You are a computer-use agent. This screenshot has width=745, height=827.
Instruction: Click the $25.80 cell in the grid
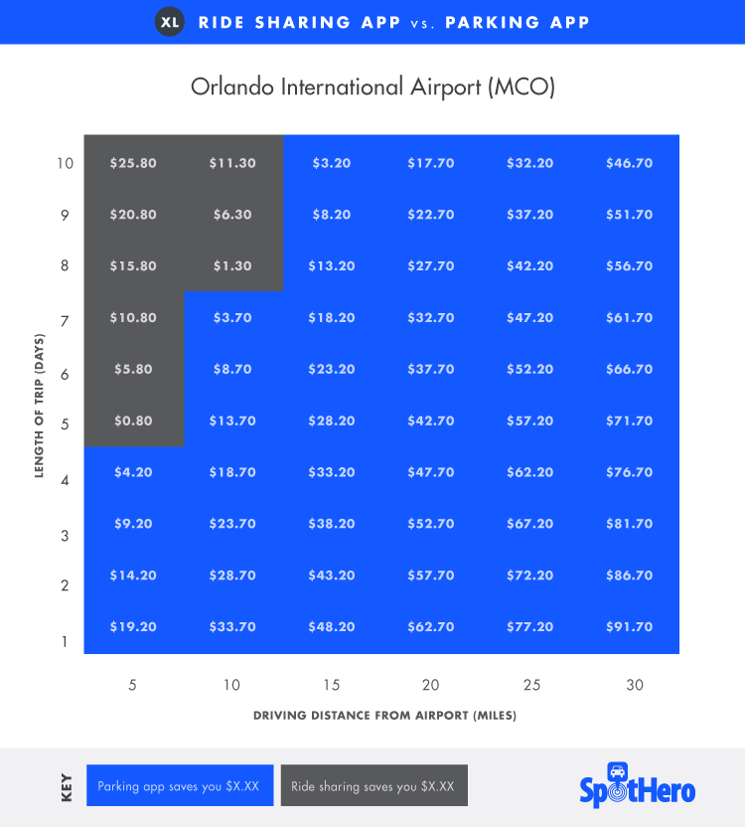(x=133, y=163)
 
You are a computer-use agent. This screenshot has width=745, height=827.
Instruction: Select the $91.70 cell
(x=629, y=627)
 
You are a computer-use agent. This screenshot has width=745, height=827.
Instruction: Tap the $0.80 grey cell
(x=133, y=420)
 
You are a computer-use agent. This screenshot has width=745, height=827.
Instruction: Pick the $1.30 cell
(x=232, y=266)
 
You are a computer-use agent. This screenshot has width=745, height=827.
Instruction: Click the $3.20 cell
(x=332, y=163)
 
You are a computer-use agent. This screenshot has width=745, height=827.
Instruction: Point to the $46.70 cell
(x=629, y=163)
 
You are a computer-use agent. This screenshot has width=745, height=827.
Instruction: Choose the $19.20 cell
(x=133, y=627)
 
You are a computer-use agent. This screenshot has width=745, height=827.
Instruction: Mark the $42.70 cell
(x=431, y=420)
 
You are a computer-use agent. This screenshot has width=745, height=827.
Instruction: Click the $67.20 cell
(x=530, y=524)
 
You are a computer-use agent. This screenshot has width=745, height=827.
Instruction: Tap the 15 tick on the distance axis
(x=331, y=685)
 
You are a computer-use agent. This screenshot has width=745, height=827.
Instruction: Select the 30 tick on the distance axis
(x=635, y=685)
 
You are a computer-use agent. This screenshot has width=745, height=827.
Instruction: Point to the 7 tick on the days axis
(x=65, y=321)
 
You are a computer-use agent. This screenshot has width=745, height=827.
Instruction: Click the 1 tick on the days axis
(x=65, y=641)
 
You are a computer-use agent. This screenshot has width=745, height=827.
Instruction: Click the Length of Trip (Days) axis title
(x=40, y=406)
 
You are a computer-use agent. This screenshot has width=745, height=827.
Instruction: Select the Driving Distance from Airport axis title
(x=384, y=716)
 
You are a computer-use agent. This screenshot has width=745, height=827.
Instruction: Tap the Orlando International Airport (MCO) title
(x=372, y=86)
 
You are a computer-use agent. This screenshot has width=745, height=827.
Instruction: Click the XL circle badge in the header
(x=170, y=22)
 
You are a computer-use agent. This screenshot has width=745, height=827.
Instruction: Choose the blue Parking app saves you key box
(x=179, y=785)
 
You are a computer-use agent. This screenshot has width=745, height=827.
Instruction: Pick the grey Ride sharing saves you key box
(x=372, y=785)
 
